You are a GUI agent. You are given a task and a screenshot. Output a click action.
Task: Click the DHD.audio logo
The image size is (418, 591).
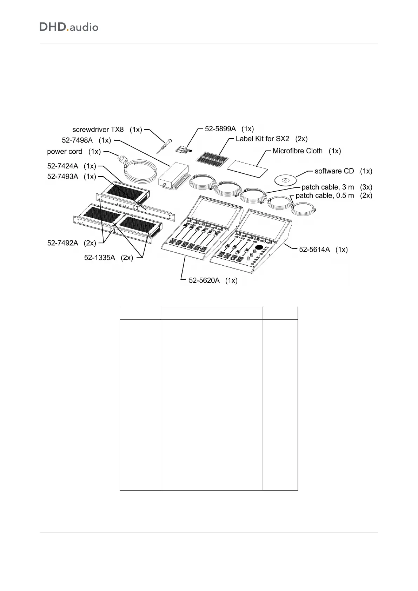click(69, 27)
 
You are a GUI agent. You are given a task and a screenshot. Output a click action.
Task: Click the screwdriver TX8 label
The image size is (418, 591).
click(107, 130)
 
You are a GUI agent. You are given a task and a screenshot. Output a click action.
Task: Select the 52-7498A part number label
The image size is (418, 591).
click(86, 140)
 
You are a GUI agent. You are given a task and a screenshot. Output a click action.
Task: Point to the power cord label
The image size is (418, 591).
click(74, 152)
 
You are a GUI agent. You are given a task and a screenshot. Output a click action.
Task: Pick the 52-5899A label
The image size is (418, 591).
click(229, 129)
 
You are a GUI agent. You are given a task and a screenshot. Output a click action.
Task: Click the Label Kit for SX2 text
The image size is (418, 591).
click(271, 139)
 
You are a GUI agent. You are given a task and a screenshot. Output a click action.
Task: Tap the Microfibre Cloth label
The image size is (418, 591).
click(306, 151)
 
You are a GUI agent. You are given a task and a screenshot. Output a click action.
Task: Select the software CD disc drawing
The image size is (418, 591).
click(285, 180)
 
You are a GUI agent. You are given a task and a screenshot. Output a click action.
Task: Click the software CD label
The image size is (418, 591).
click(343, 171)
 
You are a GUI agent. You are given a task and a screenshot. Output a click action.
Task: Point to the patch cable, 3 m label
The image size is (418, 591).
click(337, 187)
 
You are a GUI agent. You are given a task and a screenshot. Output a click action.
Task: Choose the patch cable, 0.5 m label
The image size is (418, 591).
click(334, 195)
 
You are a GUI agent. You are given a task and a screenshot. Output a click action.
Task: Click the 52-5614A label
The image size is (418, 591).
click(323, 250)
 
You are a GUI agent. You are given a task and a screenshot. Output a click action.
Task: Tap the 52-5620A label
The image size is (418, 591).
click(213, 280)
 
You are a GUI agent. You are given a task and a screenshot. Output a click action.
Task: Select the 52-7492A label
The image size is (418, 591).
click(72, 243)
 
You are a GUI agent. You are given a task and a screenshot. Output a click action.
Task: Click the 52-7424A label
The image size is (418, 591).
click(72, 166)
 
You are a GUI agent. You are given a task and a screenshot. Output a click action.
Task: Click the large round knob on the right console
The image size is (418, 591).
click(259, 248)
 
